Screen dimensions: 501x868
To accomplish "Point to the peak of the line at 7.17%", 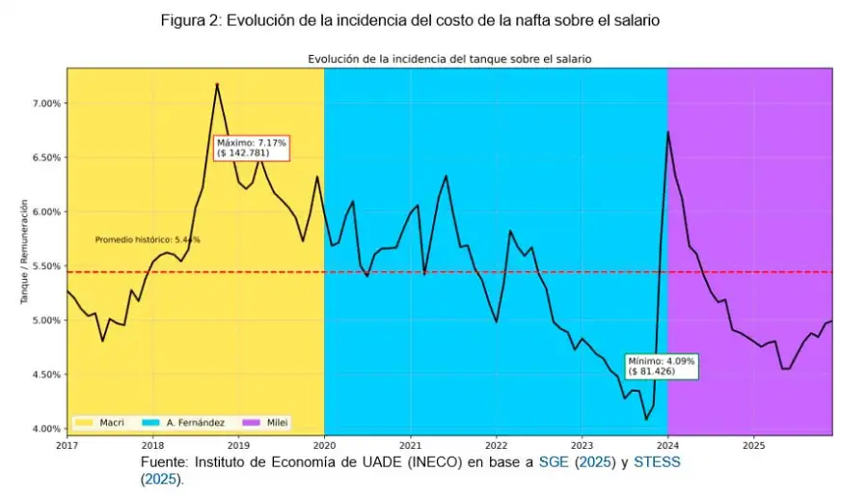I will tap(217, 84).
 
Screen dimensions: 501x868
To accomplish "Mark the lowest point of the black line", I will tap(646, 419).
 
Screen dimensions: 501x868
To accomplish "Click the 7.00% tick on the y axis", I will tap(47, 103).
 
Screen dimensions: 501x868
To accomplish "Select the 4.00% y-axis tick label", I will tap(47, 429).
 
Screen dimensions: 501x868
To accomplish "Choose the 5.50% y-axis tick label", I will tap(47, 266).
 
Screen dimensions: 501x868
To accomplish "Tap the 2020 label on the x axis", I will tap(324, 446).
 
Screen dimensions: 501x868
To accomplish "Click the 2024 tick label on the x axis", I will tap(667, 446).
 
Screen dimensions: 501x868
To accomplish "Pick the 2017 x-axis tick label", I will tap(67, 446).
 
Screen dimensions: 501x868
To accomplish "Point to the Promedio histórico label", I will tap(148, 239).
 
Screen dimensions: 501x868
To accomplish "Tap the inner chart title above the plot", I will tap(448, 59).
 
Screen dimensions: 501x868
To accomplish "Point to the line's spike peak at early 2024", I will tap(667, 131).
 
